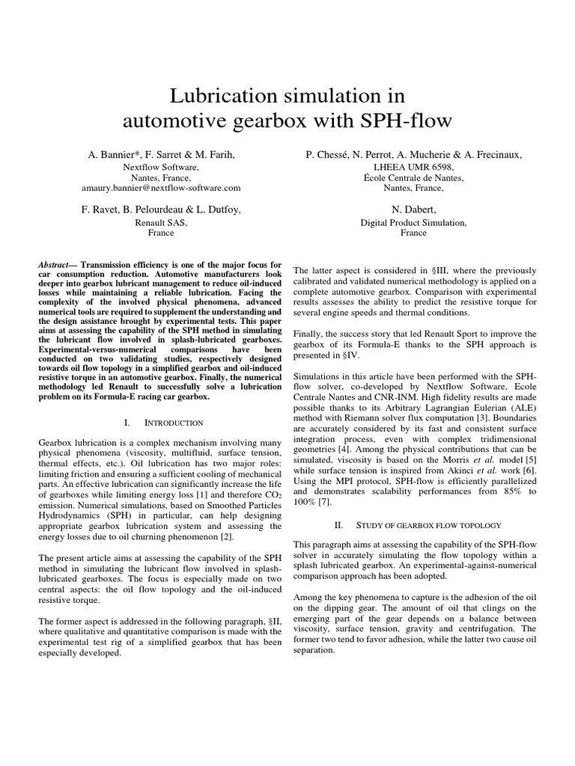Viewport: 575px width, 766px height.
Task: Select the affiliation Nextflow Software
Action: [160, 168]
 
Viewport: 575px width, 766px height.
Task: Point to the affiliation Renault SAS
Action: [161, 222]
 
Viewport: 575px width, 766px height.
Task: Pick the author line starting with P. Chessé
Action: [413, 154]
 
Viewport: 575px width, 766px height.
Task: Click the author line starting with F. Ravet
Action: [161, 209]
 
